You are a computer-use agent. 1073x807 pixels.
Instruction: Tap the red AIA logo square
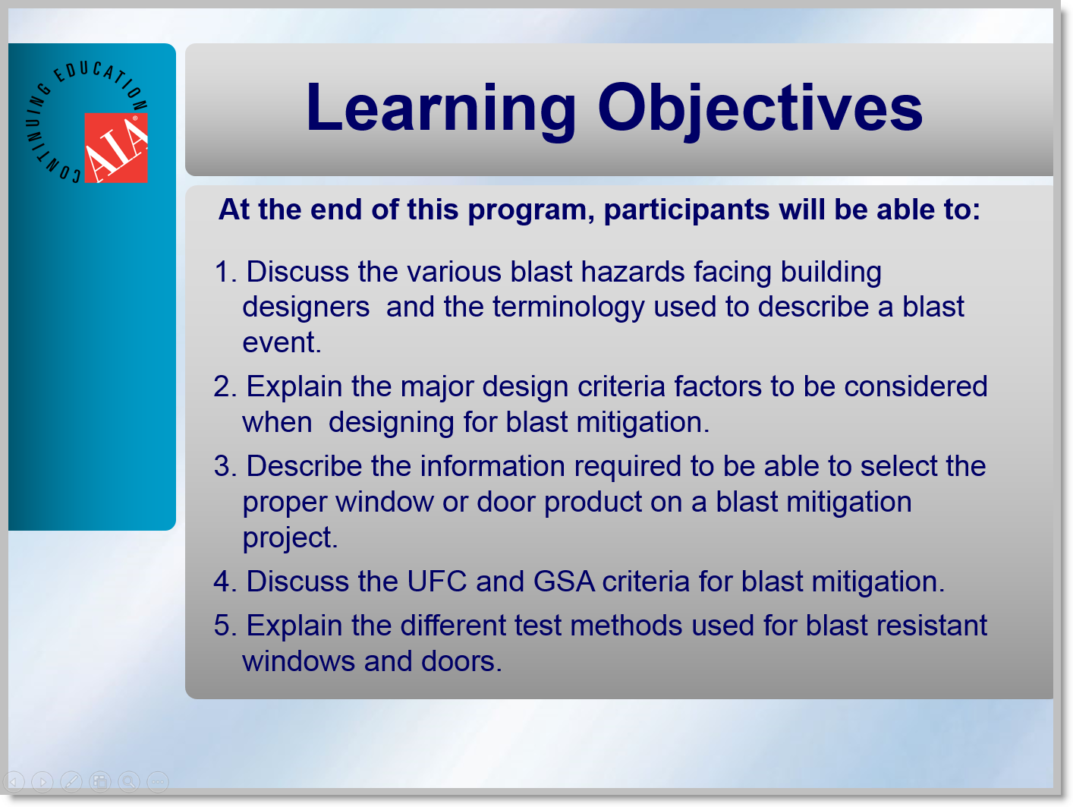tap(116, 148)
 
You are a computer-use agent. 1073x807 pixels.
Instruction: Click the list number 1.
tap(225, 272)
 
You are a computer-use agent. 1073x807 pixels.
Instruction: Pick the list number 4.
tap(225, 582)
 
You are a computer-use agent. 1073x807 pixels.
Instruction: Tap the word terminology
tap(568, 307)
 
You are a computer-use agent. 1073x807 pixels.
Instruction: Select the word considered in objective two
tap(916, 386)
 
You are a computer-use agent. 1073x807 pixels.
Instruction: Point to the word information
tap(492, 465)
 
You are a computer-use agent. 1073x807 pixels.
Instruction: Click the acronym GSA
tap(564, 582)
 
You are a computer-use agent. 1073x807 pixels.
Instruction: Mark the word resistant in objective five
tap(931, 626)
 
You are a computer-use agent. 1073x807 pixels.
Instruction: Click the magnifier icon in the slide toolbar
tap(128, 781)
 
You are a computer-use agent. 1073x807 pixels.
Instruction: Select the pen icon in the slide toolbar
tap(71, 781)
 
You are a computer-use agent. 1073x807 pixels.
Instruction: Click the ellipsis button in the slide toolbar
tap(157, 781)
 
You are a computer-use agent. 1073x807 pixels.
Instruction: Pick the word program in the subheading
tap(527, 210)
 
